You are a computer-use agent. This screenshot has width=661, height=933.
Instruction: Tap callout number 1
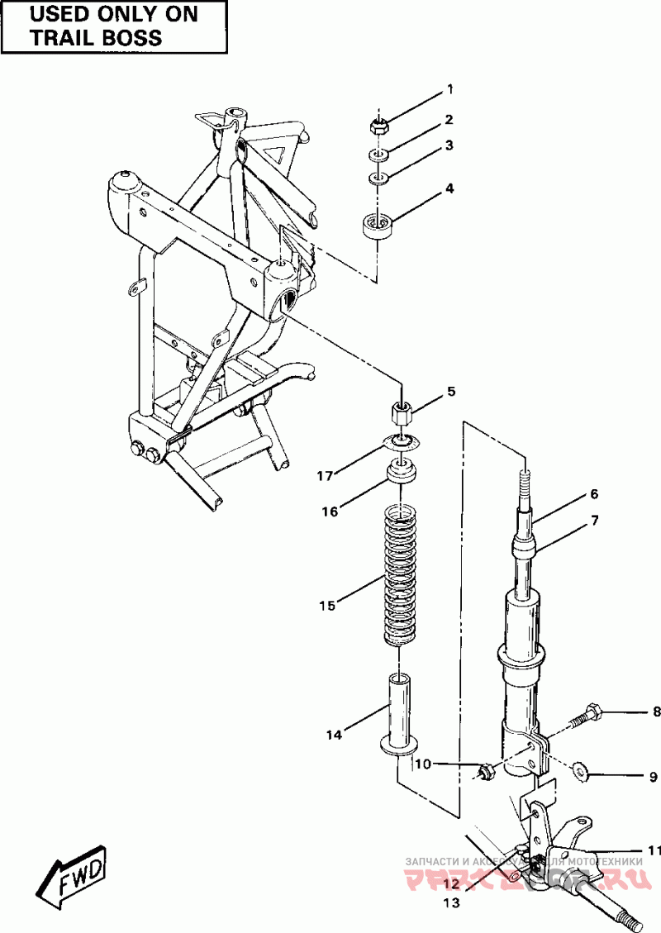coord(450,88)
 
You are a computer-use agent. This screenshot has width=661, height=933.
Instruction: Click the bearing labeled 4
coord(378,225)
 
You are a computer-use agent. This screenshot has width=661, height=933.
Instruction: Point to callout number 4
coord(450,188)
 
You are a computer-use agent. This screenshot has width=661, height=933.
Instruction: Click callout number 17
coord(325,476)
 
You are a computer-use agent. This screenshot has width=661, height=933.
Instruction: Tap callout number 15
coord(327,606)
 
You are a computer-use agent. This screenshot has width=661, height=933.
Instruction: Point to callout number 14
coord(332,734)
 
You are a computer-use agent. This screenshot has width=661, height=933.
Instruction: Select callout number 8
coord(656,711)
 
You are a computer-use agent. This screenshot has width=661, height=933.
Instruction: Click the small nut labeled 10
coord(486,772)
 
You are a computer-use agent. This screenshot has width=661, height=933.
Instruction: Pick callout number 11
coord(654,850)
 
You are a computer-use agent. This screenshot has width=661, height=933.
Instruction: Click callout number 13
coord(451,904)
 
